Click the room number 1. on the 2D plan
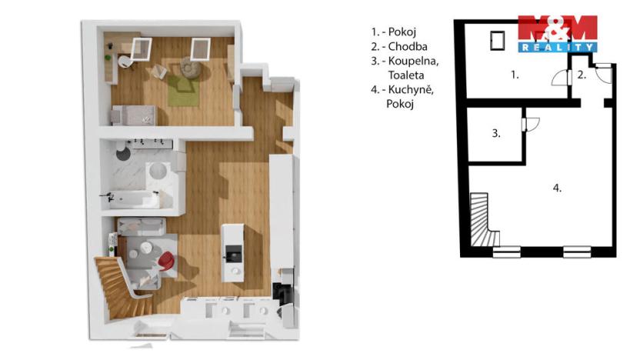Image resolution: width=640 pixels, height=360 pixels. [515, 75]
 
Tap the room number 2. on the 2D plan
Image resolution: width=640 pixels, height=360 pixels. [582, 75]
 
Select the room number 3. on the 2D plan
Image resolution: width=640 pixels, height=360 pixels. [496, 134]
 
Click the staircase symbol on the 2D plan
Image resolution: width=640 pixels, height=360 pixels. [482, 222]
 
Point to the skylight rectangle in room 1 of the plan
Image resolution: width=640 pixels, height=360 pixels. [497, 39]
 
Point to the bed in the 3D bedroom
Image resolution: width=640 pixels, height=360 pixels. [135, 115]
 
